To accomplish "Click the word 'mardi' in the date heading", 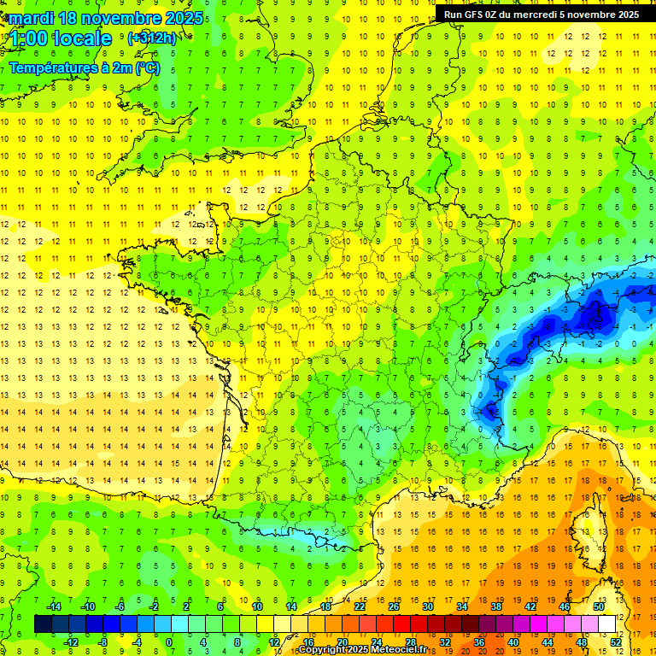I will pos(37,18).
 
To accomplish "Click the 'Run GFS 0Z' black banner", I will pos(542,14).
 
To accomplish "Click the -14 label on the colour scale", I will pos(55,606).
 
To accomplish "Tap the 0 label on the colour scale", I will pos(168,642).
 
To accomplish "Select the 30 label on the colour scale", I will pos(427,606).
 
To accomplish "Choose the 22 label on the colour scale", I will pos(359,606).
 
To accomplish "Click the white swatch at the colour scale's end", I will pos(607,624).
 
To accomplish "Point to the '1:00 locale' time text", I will pos(58,38).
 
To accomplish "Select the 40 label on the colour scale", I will pos(513,642).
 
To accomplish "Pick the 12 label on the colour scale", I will pos(273,642).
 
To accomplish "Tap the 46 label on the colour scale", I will pos(565,606).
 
